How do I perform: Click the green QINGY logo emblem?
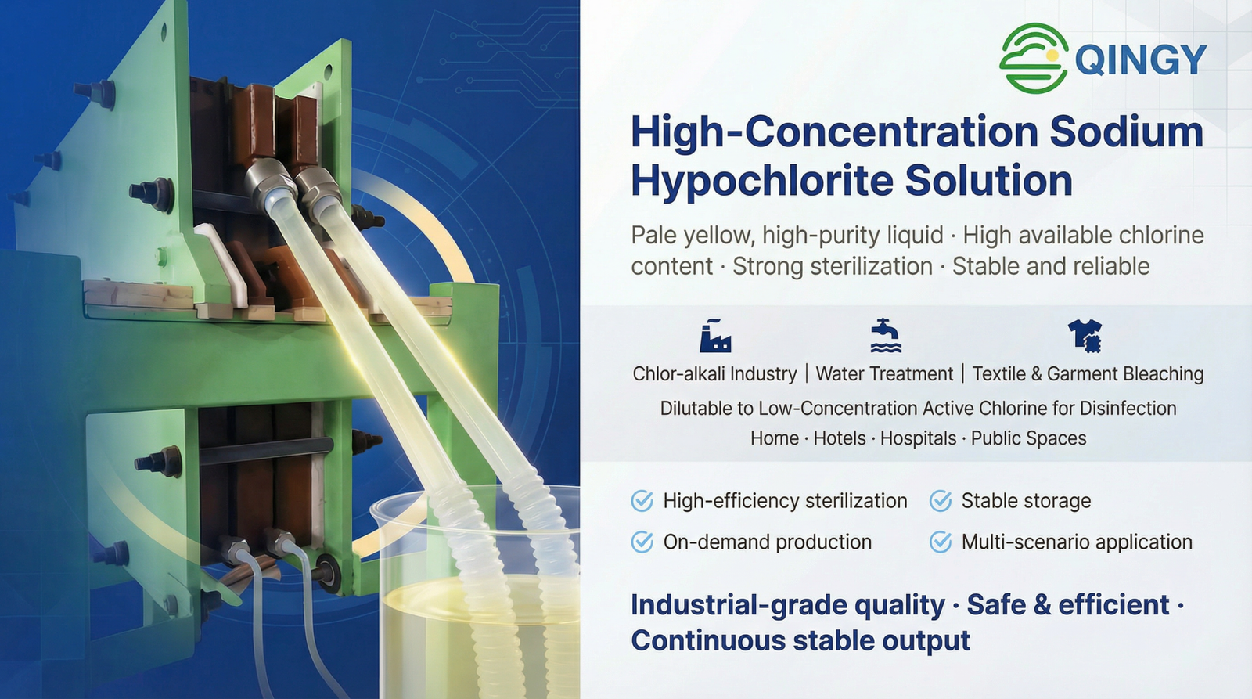1034,58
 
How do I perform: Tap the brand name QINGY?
1141,59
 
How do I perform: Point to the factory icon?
715,336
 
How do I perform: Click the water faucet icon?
886,336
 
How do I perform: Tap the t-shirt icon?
1085,336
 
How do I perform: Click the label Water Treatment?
884,373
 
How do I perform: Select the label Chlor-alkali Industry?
714,373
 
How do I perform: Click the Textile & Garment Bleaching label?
1088,373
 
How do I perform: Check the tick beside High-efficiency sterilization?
642,501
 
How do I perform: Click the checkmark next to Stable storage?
940,501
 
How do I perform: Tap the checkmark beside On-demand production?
642,542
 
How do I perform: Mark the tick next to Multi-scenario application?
940,542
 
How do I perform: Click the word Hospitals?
919,438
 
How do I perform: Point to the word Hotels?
840,438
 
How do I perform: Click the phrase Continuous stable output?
800,641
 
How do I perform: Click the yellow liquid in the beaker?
480,643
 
